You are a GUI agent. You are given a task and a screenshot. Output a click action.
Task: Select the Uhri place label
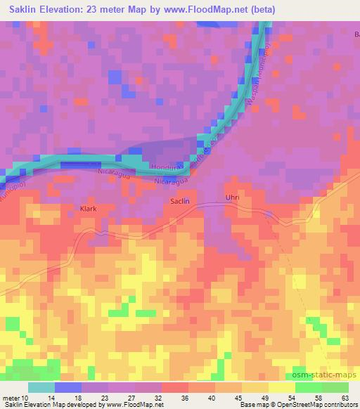232,198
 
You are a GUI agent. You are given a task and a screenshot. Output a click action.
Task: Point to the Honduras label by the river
167,166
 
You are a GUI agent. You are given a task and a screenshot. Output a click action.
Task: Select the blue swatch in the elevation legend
67,387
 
